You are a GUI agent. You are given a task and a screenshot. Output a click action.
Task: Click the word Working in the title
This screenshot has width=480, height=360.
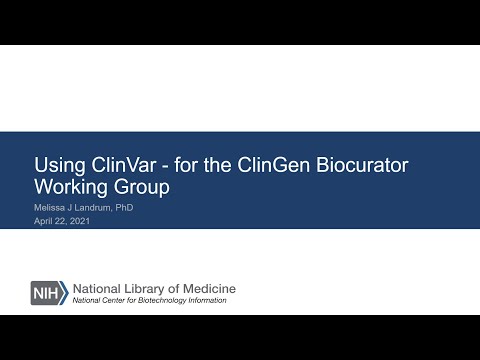72,187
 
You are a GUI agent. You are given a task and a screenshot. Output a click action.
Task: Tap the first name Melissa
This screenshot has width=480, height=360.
50,207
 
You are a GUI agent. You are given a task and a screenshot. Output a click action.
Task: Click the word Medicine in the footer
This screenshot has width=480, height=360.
211,290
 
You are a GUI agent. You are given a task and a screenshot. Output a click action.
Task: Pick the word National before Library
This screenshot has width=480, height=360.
99,290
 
